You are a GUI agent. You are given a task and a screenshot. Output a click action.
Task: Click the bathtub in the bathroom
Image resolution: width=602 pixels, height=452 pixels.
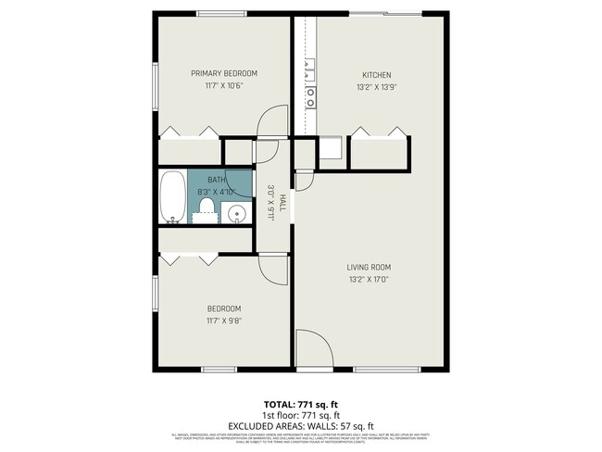coord(172,195)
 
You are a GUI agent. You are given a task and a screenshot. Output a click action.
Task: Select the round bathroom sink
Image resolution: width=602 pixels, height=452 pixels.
coord(238,214)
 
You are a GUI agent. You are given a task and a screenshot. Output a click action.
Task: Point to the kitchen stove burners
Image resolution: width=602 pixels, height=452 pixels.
coord(311,92)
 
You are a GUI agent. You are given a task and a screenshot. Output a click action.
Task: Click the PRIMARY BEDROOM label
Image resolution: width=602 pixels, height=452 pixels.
coord(223,73)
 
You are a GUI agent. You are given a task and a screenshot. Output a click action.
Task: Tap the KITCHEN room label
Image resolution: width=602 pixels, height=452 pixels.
coord(377,75)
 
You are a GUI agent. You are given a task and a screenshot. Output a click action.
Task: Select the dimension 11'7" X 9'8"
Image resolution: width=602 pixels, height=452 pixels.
coord(223,320)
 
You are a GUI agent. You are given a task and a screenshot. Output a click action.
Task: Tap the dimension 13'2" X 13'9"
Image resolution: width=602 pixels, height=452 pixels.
coord(377,87)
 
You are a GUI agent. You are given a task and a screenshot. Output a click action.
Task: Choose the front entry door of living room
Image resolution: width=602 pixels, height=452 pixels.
coord(314,350)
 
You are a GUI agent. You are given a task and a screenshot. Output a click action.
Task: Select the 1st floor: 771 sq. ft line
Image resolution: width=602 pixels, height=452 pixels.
coord(301,416)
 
